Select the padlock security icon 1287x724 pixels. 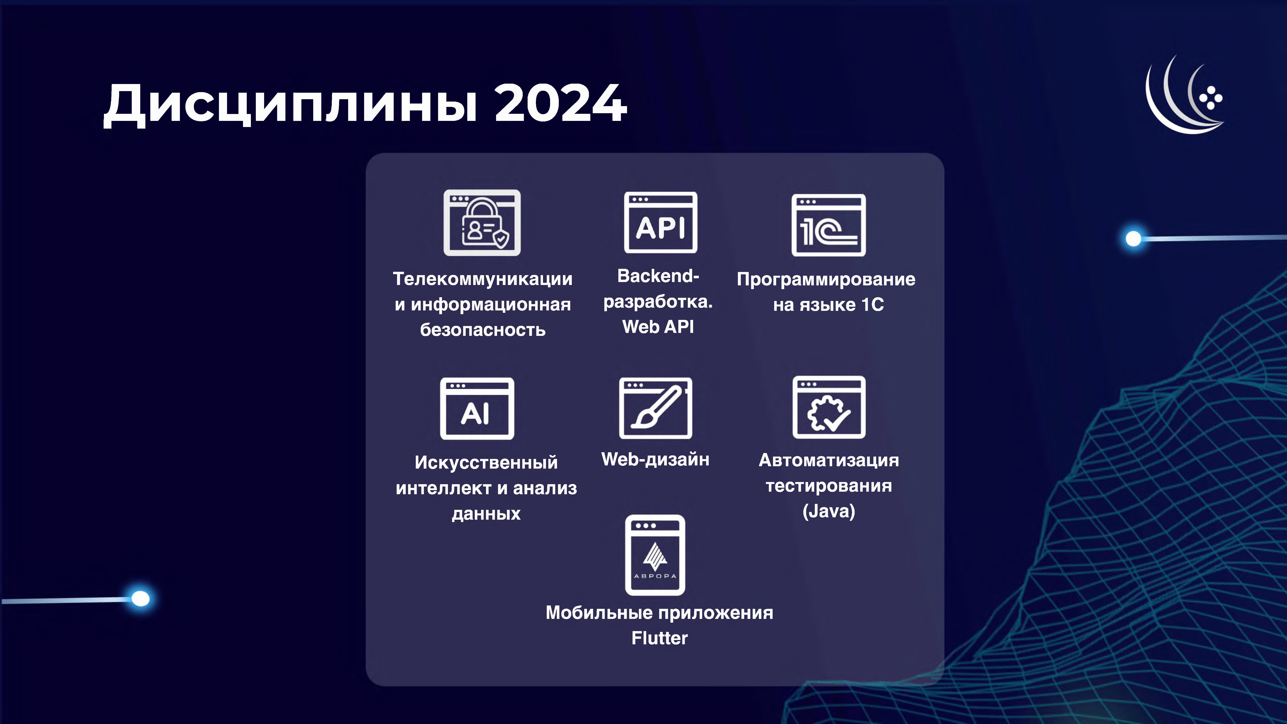(x=482, y=223)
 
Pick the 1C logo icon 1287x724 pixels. (x=828, y=225)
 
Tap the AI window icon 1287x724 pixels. (x=477, y=409)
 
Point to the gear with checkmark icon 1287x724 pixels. (x=829, y=407)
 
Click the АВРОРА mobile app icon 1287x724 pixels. (x=655, y=555)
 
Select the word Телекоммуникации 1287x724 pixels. (x=483, y=279)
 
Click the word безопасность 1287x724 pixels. (x=483, y=330)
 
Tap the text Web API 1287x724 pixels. (x=658, y=327)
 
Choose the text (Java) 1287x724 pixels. (x=829, y=511)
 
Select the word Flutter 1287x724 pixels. (x=660, y=638)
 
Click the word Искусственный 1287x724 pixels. (x=486, y=462)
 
